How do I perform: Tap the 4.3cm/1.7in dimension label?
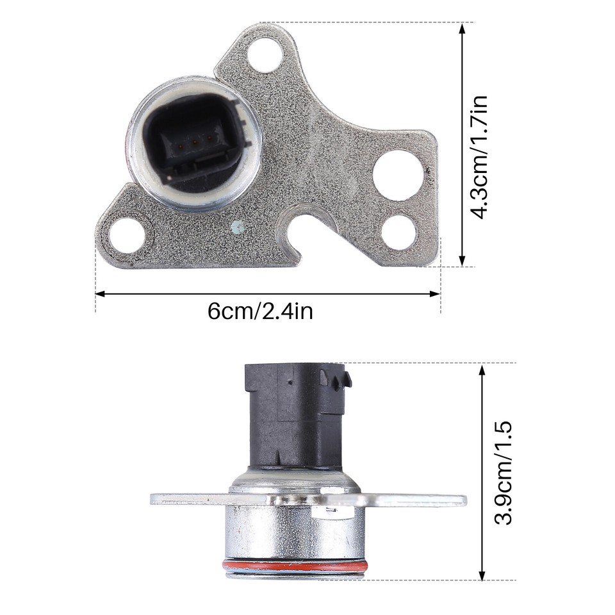coord(480,157)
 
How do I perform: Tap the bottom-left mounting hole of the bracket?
coord(126,234)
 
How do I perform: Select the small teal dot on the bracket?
coord(238,225)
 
